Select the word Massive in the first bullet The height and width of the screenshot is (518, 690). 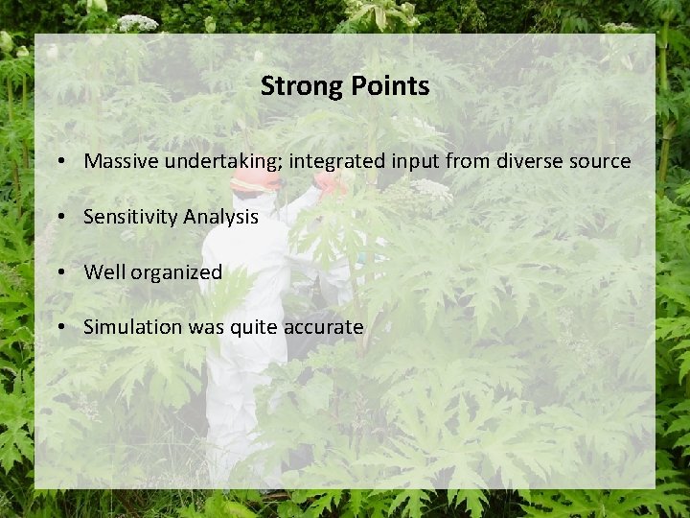point(121,161)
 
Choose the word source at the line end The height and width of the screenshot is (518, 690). point(601,161)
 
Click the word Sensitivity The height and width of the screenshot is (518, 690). point(130,217)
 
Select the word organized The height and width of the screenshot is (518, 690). point(176,272)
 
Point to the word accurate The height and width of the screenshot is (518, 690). point(323,327)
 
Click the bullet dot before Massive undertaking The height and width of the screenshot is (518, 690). point(60,161)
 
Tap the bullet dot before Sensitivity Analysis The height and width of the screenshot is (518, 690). point(60,217)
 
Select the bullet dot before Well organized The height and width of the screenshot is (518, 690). point(60,272)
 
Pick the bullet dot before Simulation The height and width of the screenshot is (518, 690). point(60,327)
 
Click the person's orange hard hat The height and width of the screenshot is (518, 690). point(256,181)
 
